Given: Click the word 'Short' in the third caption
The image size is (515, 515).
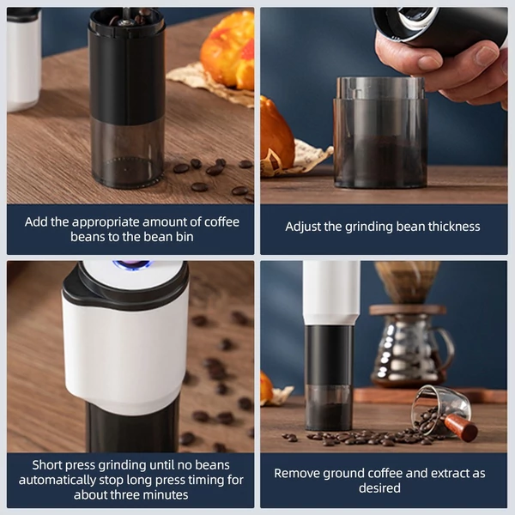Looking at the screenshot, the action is (x=47, y=465).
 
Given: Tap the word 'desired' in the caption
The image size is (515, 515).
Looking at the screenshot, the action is (x=379, y=488).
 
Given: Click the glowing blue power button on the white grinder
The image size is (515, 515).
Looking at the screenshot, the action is (x=131, y=264).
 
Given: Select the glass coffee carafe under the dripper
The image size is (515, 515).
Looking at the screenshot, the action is (x=412, y=350).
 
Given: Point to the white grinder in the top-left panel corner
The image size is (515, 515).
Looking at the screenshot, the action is (x=24, y=59).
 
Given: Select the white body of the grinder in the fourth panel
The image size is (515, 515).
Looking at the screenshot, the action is (x=331, y=293).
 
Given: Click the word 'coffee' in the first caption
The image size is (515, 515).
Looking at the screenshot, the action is (x=221, y=222).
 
